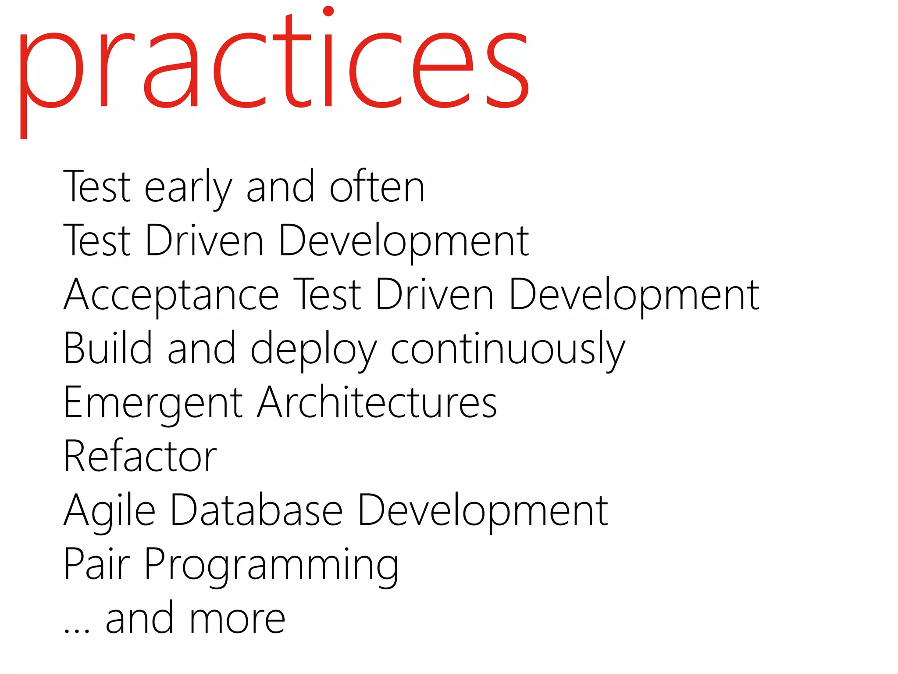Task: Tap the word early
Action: (188, 188)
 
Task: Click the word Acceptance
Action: (171, 295)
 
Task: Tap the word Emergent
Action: (153, 404)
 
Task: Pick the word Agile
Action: (110, 512)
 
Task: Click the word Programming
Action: (271, 566)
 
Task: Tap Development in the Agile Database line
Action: (483, 512)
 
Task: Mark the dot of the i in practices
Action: (328, 11)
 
